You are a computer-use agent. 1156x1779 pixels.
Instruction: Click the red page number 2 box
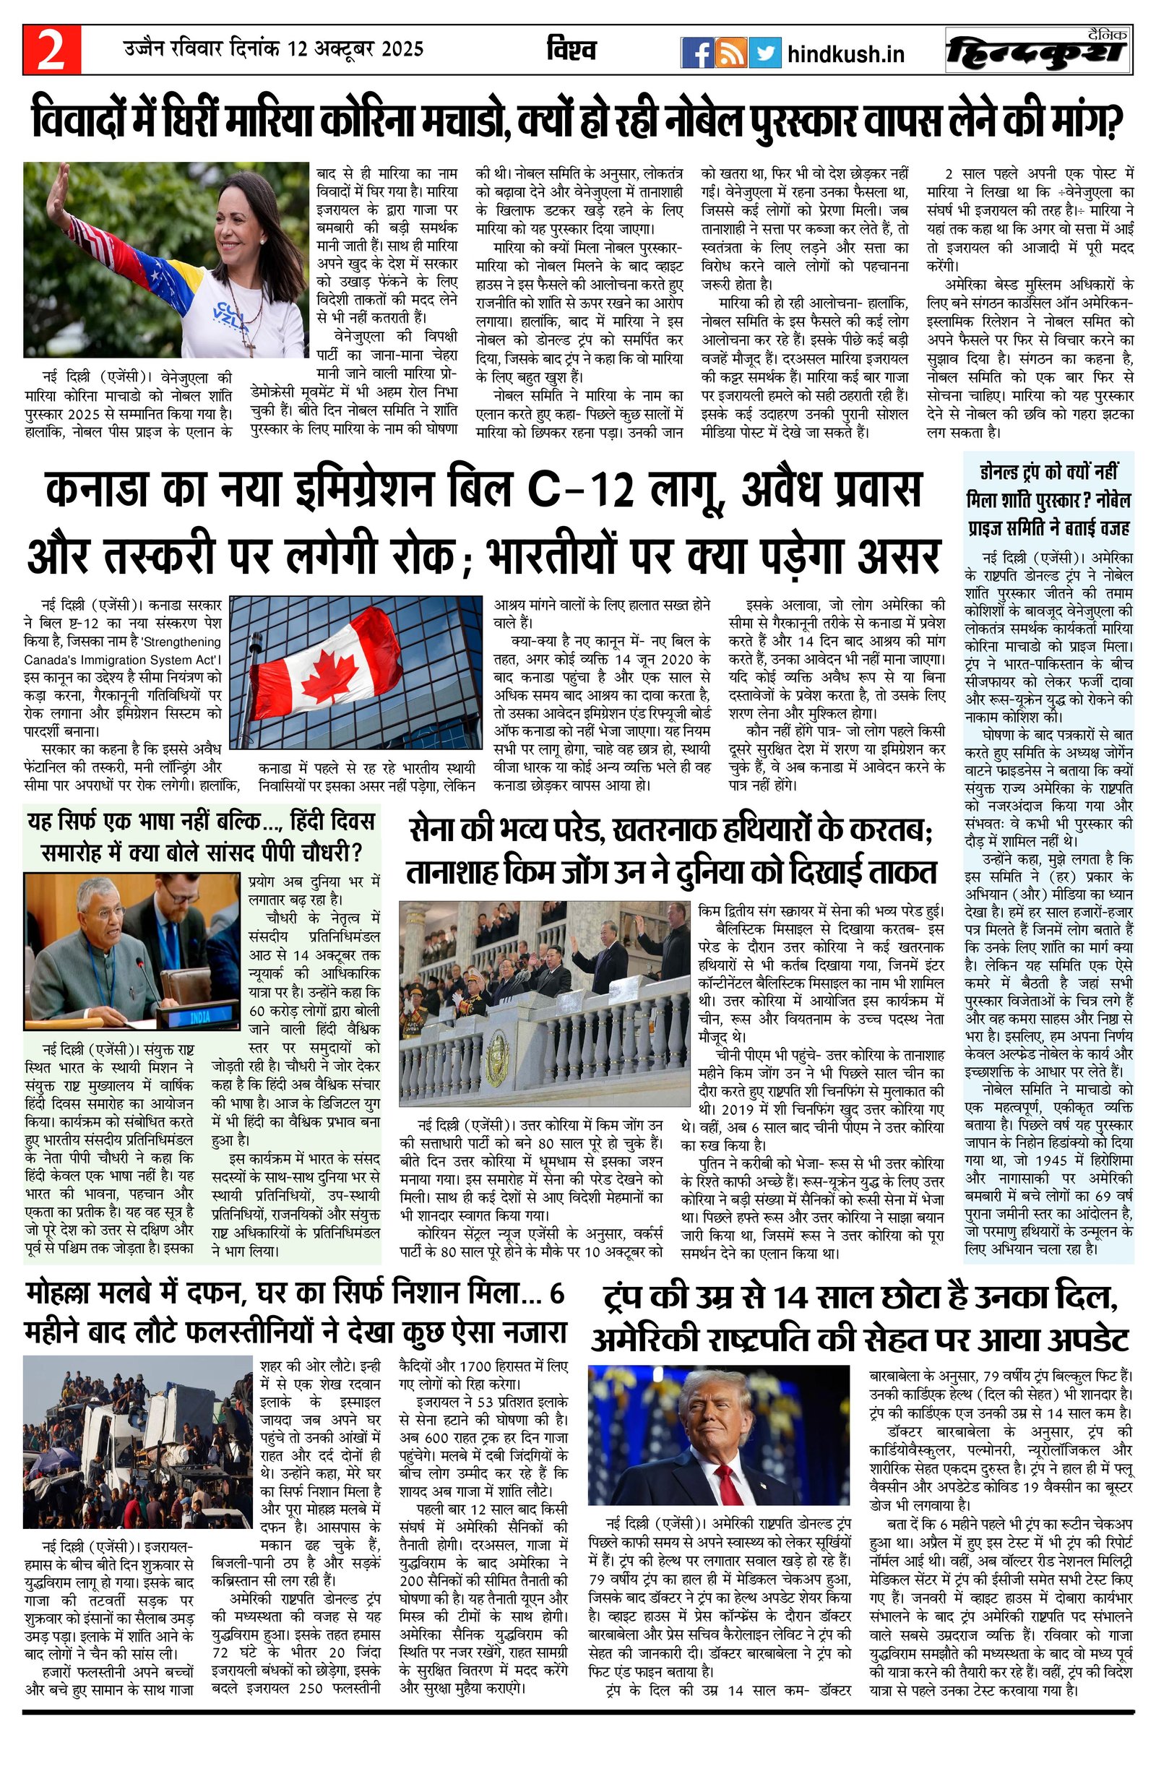pos(51,50)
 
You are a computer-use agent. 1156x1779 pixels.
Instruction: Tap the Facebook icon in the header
pos(696,52)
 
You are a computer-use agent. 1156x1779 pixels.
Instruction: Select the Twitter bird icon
pos(764,52)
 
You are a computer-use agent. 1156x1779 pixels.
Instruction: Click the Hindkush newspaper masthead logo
pos(1038,51)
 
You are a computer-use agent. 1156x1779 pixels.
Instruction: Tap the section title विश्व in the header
pos(571,49)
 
